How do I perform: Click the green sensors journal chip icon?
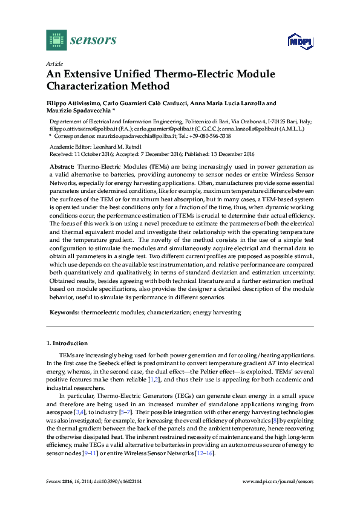coord(56,40)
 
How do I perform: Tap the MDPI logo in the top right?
coord(299,41)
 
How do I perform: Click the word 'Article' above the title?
coord(54,63)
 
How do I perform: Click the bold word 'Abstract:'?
coord(62,166)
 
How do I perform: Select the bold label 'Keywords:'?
coord(64,313)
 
